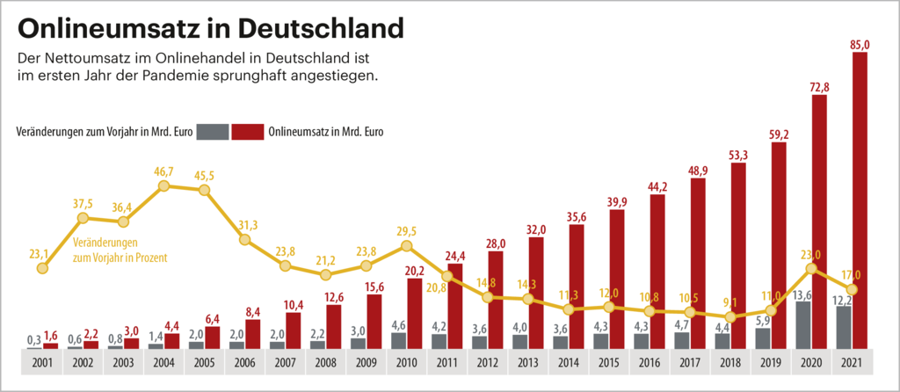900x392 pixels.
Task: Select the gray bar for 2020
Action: coord(803,324)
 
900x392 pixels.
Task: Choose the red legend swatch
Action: coord(249,132)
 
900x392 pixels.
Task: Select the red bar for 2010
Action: coord(415,313)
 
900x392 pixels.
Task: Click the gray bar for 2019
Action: coord(763,338)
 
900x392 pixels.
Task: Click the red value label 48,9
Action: coord(698,170)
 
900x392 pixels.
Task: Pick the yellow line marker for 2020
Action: coord(811,269)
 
